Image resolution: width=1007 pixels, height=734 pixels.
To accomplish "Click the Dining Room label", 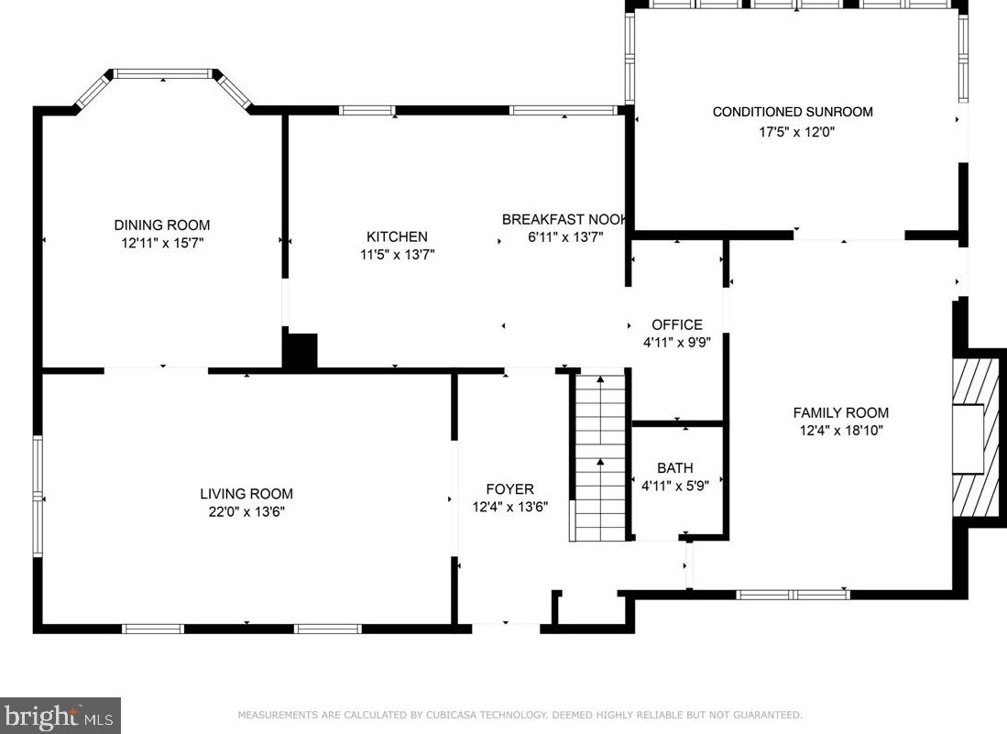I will [x=161, y=225].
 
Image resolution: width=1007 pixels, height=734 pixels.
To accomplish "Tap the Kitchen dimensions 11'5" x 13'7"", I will [x=397, y=255].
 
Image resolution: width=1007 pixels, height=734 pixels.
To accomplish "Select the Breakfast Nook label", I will [x=563, y=219].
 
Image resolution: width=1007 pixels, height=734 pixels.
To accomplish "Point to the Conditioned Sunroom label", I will [x=793, y=112].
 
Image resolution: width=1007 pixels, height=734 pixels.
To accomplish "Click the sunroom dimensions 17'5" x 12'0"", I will [x=796, y=132].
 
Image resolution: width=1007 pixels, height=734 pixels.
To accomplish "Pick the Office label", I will [x=677, y=324].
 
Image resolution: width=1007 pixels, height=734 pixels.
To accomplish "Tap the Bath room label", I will [x=675, y=468].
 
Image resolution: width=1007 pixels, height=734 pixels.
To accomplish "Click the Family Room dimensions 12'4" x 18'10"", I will [x=840, y=431].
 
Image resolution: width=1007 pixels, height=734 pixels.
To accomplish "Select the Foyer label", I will [x=509, y=489].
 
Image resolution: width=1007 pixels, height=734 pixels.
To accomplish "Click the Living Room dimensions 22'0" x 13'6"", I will [x=246, y=512].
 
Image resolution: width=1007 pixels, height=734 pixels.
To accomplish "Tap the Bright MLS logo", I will [x=60, y=715].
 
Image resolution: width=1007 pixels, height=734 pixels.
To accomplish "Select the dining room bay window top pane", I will [x=163, y=73].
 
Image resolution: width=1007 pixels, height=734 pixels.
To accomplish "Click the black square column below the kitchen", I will [x=300, y=352].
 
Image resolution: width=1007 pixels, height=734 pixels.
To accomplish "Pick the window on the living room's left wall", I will [x=38, y=496].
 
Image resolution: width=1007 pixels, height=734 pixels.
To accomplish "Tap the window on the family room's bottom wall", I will [x=793, y=594].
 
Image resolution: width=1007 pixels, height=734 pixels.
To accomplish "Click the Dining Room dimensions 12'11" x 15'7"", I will [x=161, y=244].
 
